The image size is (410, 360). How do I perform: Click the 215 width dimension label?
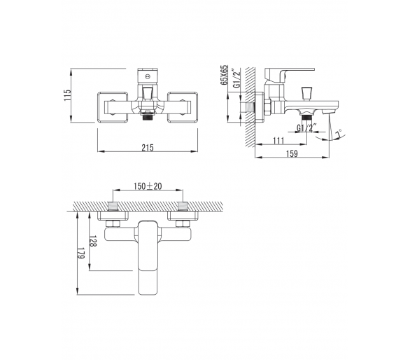pos(148,148)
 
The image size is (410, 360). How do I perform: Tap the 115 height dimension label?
pos(67,95)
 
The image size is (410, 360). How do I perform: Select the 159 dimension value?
pos(292,153)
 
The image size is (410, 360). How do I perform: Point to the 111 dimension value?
pos(278,141)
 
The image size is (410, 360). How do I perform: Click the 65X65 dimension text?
pos(224,75)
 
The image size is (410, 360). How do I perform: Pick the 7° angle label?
pos(339,134)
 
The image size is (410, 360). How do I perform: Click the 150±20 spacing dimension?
pos(148,186)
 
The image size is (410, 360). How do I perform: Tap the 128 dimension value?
pos(93,241)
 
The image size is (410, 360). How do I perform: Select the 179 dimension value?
pos(80,253)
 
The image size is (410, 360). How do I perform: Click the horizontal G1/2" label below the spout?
pos(306,127)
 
